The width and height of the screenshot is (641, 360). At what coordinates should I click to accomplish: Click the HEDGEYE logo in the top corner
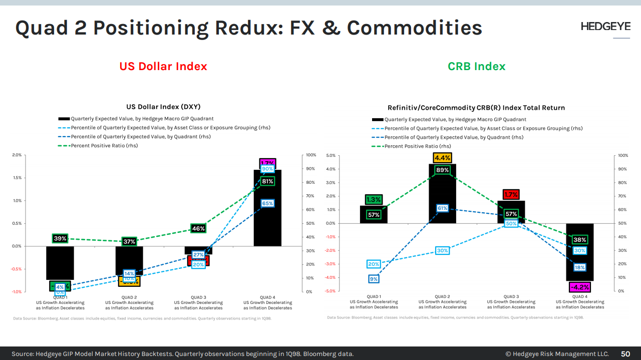pos(605,27)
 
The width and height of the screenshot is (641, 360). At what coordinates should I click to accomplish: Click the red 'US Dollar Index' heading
pos(163,66)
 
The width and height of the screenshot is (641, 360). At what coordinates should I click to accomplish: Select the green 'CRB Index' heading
pos(476,66)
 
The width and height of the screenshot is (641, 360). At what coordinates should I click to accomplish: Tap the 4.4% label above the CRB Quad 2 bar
pos(442,158)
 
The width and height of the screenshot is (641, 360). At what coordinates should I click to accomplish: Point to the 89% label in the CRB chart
pos(442,170)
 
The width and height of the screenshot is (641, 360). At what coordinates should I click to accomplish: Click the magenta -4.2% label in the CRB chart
pos(579,287)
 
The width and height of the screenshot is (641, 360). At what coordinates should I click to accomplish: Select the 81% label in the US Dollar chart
pos(267,181)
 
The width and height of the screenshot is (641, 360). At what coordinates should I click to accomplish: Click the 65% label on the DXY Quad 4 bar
pos(267,203)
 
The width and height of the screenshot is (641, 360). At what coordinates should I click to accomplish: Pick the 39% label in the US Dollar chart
pos(60,238)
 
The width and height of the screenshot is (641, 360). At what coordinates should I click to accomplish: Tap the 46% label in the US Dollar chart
pos(198,228)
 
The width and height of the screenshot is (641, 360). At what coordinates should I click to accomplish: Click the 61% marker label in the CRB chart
pos(442,208)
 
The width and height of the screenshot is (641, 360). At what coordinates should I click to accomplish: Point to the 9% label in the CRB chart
pos(374,279)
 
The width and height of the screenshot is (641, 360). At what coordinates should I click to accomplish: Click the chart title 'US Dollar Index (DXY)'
pos(163,107)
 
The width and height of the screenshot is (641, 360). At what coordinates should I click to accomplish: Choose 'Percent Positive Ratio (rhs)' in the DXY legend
pos(104,146)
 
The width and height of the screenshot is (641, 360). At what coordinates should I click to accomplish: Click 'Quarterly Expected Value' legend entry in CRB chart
pos(455,120)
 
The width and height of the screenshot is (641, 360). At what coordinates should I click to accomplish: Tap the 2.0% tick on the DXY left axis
pos(17,155)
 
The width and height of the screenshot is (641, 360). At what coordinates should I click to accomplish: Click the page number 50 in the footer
pos(625,354)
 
